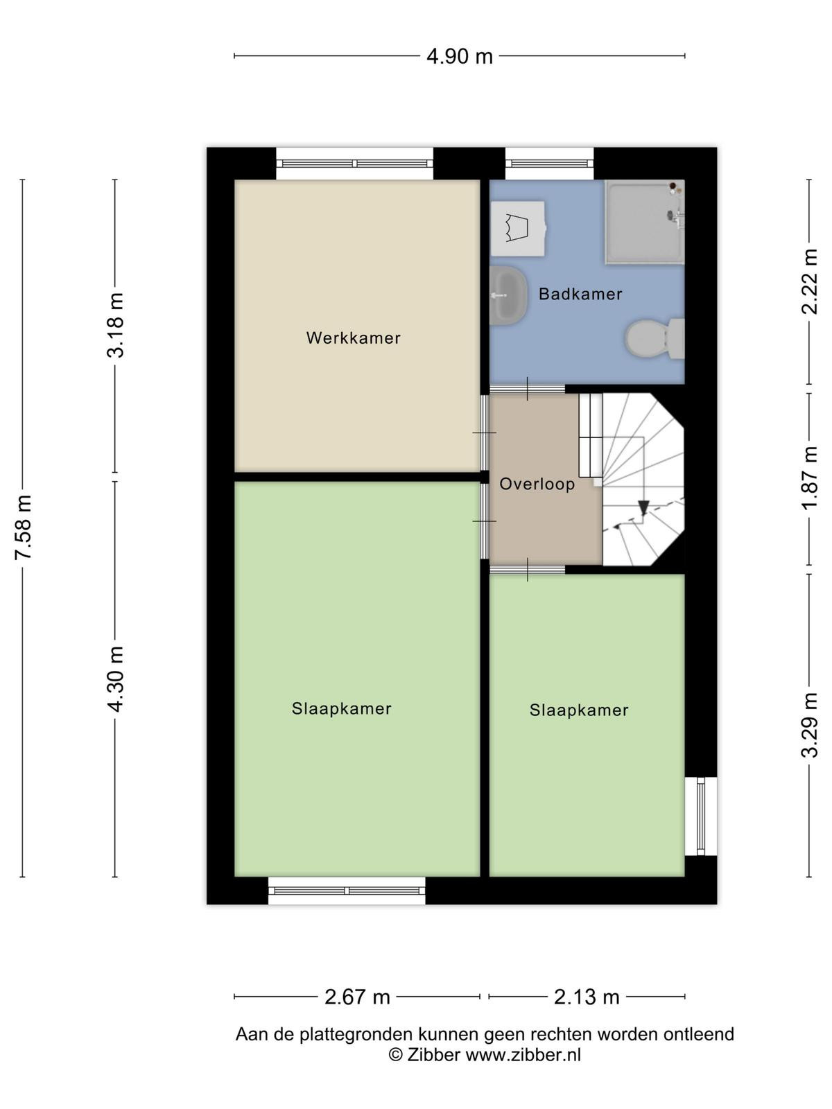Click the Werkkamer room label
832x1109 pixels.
[x=353, y=338]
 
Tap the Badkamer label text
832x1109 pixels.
[x=580, y=294]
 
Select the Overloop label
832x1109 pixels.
[x=537, y=484]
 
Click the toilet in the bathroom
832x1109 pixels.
[x=655, y=339]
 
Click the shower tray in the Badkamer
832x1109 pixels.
[x=645, y=222]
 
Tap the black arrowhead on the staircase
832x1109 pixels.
[x=643, y=507]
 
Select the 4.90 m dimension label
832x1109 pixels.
[x=459, y=56]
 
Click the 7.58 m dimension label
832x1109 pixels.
[x=24, y=527]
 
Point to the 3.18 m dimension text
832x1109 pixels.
[x=116, y=325]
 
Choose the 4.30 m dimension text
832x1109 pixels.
[x=116, y=679]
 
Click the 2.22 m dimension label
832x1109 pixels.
[x=810, y=281]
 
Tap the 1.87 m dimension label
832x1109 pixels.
[x=810, y=478]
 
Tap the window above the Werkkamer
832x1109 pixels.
[x=354, y=163]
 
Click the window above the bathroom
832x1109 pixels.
[x=549, y=163]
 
